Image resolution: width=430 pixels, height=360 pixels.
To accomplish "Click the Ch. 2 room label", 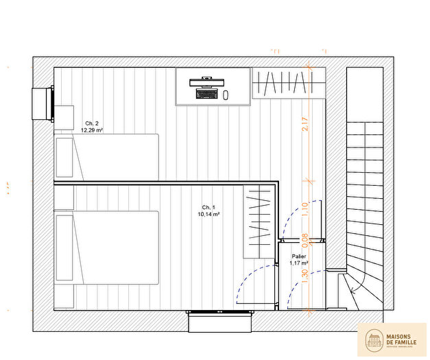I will (x=92, y=123).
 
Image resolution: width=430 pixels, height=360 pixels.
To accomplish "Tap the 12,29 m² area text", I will (x=92, y=130).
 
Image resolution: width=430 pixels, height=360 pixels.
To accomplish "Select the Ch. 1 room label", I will (x=208, y=207).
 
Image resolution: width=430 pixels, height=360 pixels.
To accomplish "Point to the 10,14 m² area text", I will (x=208, y=214).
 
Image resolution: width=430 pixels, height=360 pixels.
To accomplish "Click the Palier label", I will (x=298, y=256).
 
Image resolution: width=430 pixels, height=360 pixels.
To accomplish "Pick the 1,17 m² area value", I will (x=298, y=263).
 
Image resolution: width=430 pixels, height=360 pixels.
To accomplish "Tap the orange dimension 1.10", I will (x=304, y=209).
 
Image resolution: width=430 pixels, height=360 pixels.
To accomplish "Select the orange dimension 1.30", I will (x=304, y=274).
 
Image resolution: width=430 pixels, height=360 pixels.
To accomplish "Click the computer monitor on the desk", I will (x=207, y=81).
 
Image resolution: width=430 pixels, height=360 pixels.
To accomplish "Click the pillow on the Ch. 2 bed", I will (x=65, y=158).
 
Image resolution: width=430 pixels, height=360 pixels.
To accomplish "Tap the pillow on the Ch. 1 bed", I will (x=64, y=247).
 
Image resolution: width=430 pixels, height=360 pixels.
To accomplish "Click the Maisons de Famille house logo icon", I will (x=374, y=338).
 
